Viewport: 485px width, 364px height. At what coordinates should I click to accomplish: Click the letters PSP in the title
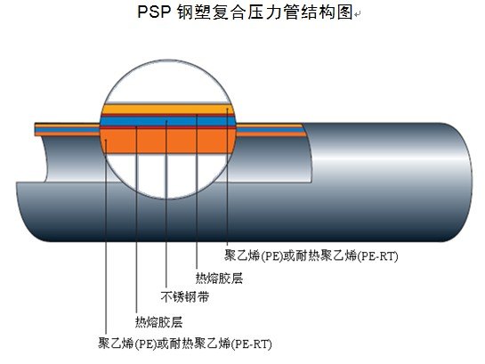click(x=154, y=12)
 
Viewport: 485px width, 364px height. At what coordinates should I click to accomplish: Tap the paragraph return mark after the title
click(x=358, y=14)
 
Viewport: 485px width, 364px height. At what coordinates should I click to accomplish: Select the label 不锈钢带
click(x=185, y=297)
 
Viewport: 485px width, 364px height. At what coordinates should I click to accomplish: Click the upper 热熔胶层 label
click(x=219, y=278)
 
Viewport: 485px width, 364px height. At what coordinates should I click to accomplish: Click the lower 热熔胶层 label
click(x=158, y=322)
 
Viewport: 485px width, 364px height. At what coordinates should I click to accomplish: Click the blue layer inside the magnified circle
click(x=167, y=121)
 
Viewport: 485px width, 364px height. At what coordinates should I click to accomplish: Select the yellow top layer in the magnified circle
click(x=167, y=109)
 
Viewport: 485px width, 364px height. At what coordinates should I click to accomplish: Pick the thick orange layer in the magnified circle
click(x=167, y=141)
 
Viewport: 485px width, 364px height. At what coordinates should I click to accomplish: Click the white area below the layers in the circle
click(x=167, y=174)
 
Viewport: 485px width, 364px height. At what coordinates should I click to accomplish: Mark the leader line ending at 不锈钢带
click(x=166, y=204)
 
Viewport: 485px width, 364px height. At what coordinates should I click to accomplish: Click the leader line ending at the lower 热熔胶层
click(x=136, y=220)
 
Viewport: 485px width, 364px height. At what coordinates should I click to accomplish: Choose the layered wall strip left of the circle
click(x=68, y=130)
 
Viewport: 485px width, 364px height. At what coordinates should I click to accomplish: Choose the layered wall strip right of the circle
click(x=271, y=130)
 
